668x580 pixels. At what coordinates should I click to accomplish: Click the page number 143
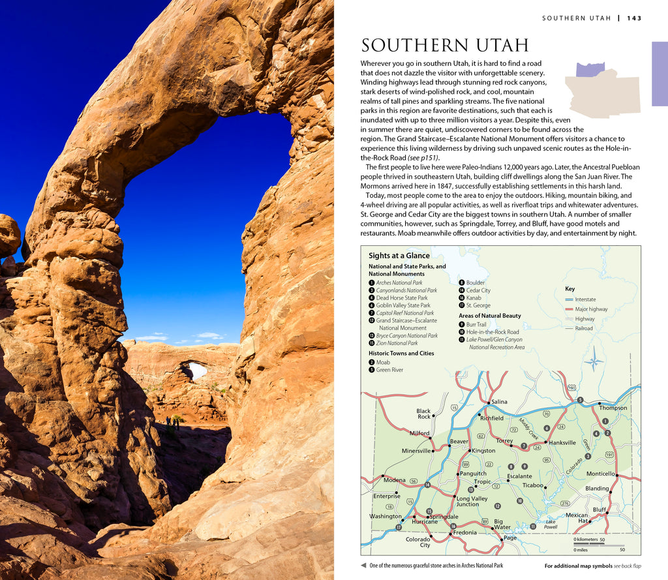(x=634, y=18)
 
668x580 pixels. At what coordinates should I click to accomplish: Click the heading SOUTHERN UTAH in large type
(x=444, y=46)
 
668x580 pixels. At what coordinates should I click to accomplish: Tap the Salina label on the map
(x=499, y=402)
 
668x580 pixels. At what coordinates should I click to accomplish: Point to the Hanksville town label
(x=562, y=442)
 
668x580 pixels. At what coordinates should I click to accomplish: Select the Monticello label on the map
(x=600, y=474)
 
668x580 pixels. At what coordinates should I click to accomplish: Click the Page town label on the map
(x=509, y=538)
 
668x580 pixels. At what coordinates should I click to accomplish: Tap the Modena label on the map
(x=394, y=480)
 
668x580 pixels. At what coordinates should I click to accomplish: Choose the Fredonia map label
(x=464, y=532)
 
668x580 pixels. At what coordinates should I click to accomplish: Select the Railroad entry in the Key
(x=584, y=328)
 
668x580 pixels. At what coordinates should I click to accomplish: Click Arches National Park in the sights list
(x=399, y=282)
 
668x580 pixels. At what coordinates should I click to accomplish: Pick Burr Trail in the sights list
(x=476, y=324)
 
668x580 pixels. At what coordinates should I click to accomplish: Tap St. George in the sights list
(x=478, y=305)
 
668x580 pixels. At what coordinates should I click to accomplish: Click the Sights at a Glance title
(x=399, y=256)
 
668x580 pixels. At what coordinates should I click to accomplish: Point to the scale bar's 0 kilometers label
(x=586, y=540)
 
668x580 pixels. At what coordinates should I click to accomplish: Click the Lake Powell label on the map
(x=551, y=524)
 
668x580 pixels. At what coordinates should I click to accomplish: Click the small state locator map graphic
(x=601, y=90)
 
